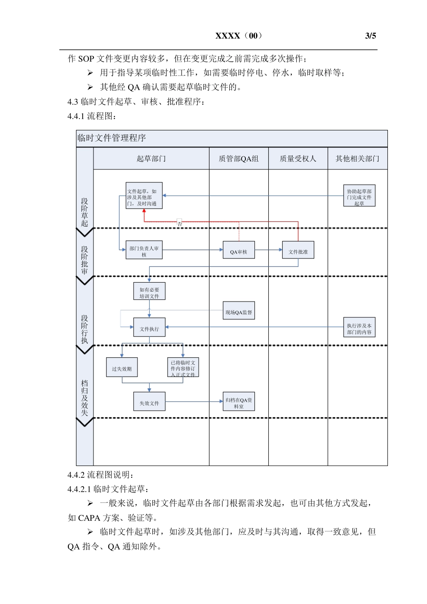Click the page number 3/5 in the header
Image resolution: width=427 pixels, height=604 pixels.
[370, 36]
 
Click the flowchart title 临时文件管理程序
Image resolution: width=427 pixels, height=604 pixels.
[112, 138]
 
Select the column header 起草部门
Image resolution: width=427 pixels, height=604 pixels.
[151, 159]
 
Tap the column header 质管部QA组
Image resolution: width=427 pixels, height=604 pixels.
[239, 159]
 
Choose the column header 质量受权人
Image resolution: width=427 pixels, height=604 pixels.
[298, 159]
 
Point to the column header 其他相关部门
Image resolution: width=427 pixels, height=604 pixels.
[357, 159]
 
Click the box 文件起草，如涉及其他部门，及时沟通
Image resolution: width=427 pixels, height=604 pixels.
[144, 196]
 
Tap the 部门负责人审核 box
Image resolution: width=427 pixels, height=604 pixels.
[144, 250]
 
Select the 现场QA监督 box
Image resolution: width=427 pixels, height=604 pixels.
[239, 311]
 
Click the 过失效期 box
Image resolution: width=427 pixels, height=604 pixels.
[122, 368]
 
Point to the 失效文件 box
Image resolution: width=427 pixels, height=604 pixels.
[149, 402]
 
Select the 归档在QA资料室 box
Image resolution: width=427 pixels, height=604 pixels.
[239, 402]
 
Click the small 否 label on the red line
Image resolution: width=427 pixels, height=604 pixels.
[180, 223]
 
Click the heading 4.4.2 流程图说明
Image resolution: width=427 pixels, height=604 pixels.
[101, 475]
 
